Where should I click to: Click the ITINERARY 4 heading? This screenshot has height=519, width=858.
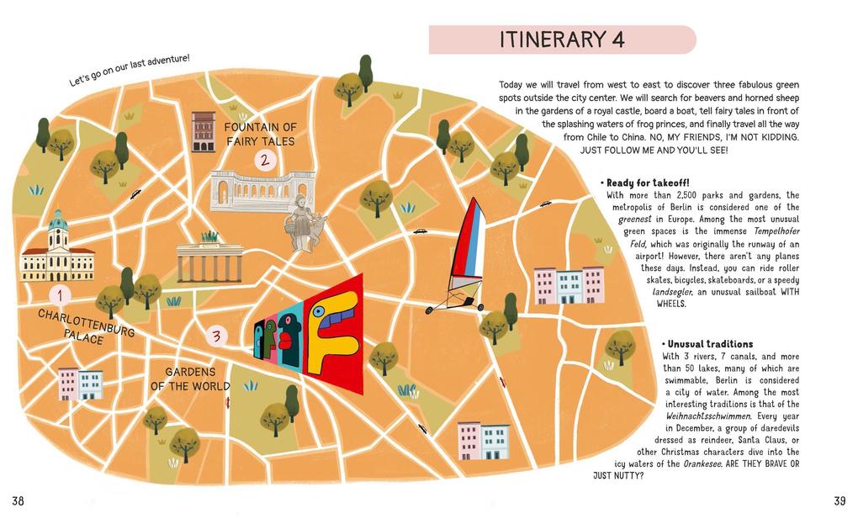pos(562,40)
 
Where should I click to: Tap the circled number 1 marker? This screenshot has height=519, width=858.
pos(60,295)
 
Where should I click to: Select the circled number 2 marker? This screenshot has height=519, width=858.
pos(264,160)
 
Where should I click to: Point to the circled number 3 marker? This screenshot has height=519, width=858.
pos(216,336)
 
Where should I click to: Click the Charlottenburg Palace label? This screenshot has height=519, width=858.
pos(85,326)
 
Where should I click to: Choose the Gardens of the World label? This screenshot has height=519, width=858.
pos(190,379)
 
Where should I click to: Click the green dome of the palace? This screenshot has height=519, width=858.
pos(57,222)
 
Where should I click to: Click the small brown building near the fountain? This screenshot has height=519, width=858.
pos(203,132)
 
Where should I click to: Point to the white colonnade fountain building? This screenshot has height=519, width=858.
pos(262,191)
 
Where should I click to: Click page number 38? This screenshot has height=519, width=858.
pos(18,501)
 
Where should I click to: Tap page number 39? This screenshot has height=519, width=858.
pos(839,501)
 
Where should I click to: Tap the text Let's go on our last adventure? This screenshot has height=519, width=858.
pos(130,71)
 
